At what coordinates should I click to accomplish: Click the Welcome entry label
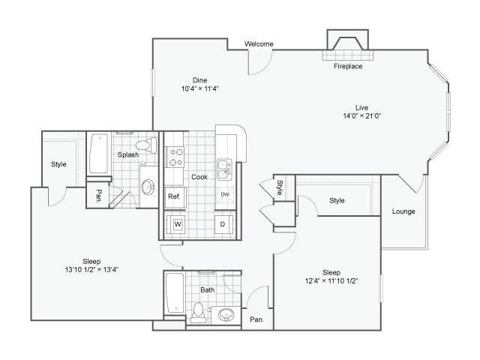tap(259, 44)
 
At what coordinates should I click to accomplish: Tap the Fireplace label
tap(348, 66)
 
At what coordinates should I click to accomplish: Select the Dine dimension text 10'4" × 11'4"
tap(200, 88)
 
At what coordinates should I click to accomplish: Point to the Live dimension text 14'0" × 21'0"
tap(361, 116)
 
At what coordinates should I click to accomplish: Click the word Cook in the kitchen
tap(199, 177)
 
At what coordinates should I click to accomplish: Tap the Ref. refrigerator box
tap(174, 196)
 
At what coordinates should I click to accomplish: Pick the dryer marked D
tap(223, 224)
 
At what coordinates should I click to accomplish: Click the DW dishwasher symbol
tap(225, 195)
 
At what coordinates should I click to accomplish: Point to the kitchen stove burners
tap(175, 157)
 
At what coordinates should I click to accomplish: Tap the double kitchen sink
tap(225, 169)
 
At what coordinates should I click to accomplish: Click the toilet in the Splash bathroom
tap(146, 145)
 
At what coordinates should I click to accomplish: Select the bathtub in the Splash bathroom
tap(98, 153)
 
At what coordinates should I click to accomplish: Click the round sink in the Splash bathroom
tap(148, 187)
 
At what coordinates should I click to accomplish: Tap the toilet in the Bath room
tap(198, 312)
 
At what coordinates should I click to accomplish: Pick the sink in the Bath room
tap(226, 315)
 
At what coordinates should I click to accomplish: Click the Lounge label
tap(403, 211)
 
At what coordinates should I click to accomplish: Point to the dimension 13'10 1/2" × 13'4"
tap(91, 270)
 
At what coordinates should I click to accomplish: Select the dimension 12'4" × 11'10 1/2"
tap(331, 280)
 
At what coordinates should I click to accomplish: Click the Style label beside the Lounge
tap(337, 200)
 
